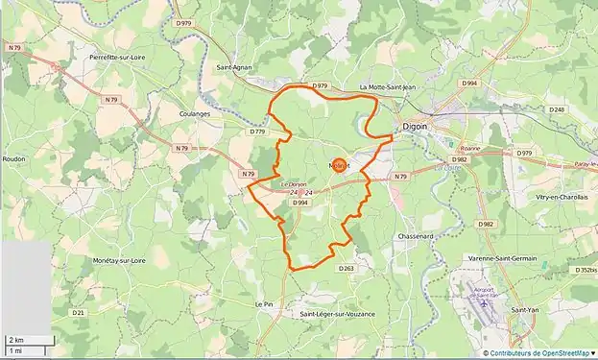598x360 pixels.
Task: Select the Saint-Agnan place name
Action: [236, 68]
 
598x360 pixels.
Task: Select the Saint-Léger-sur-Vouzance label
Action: [337, 314]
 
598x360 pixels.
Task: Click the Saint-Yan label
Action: [524, 309]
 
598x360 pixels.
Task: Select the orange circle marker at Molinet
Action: [339, 165]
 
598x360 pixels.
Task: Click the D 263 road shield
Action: [347, 269]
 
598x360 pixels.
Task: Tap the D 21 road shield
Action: [78, 312]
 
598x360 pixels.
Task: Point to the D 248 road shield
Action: [557, 110]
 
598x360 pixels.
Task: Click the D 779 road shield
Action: [256, 132]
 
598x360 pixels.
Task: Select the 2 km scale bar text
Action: [16, 340]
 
